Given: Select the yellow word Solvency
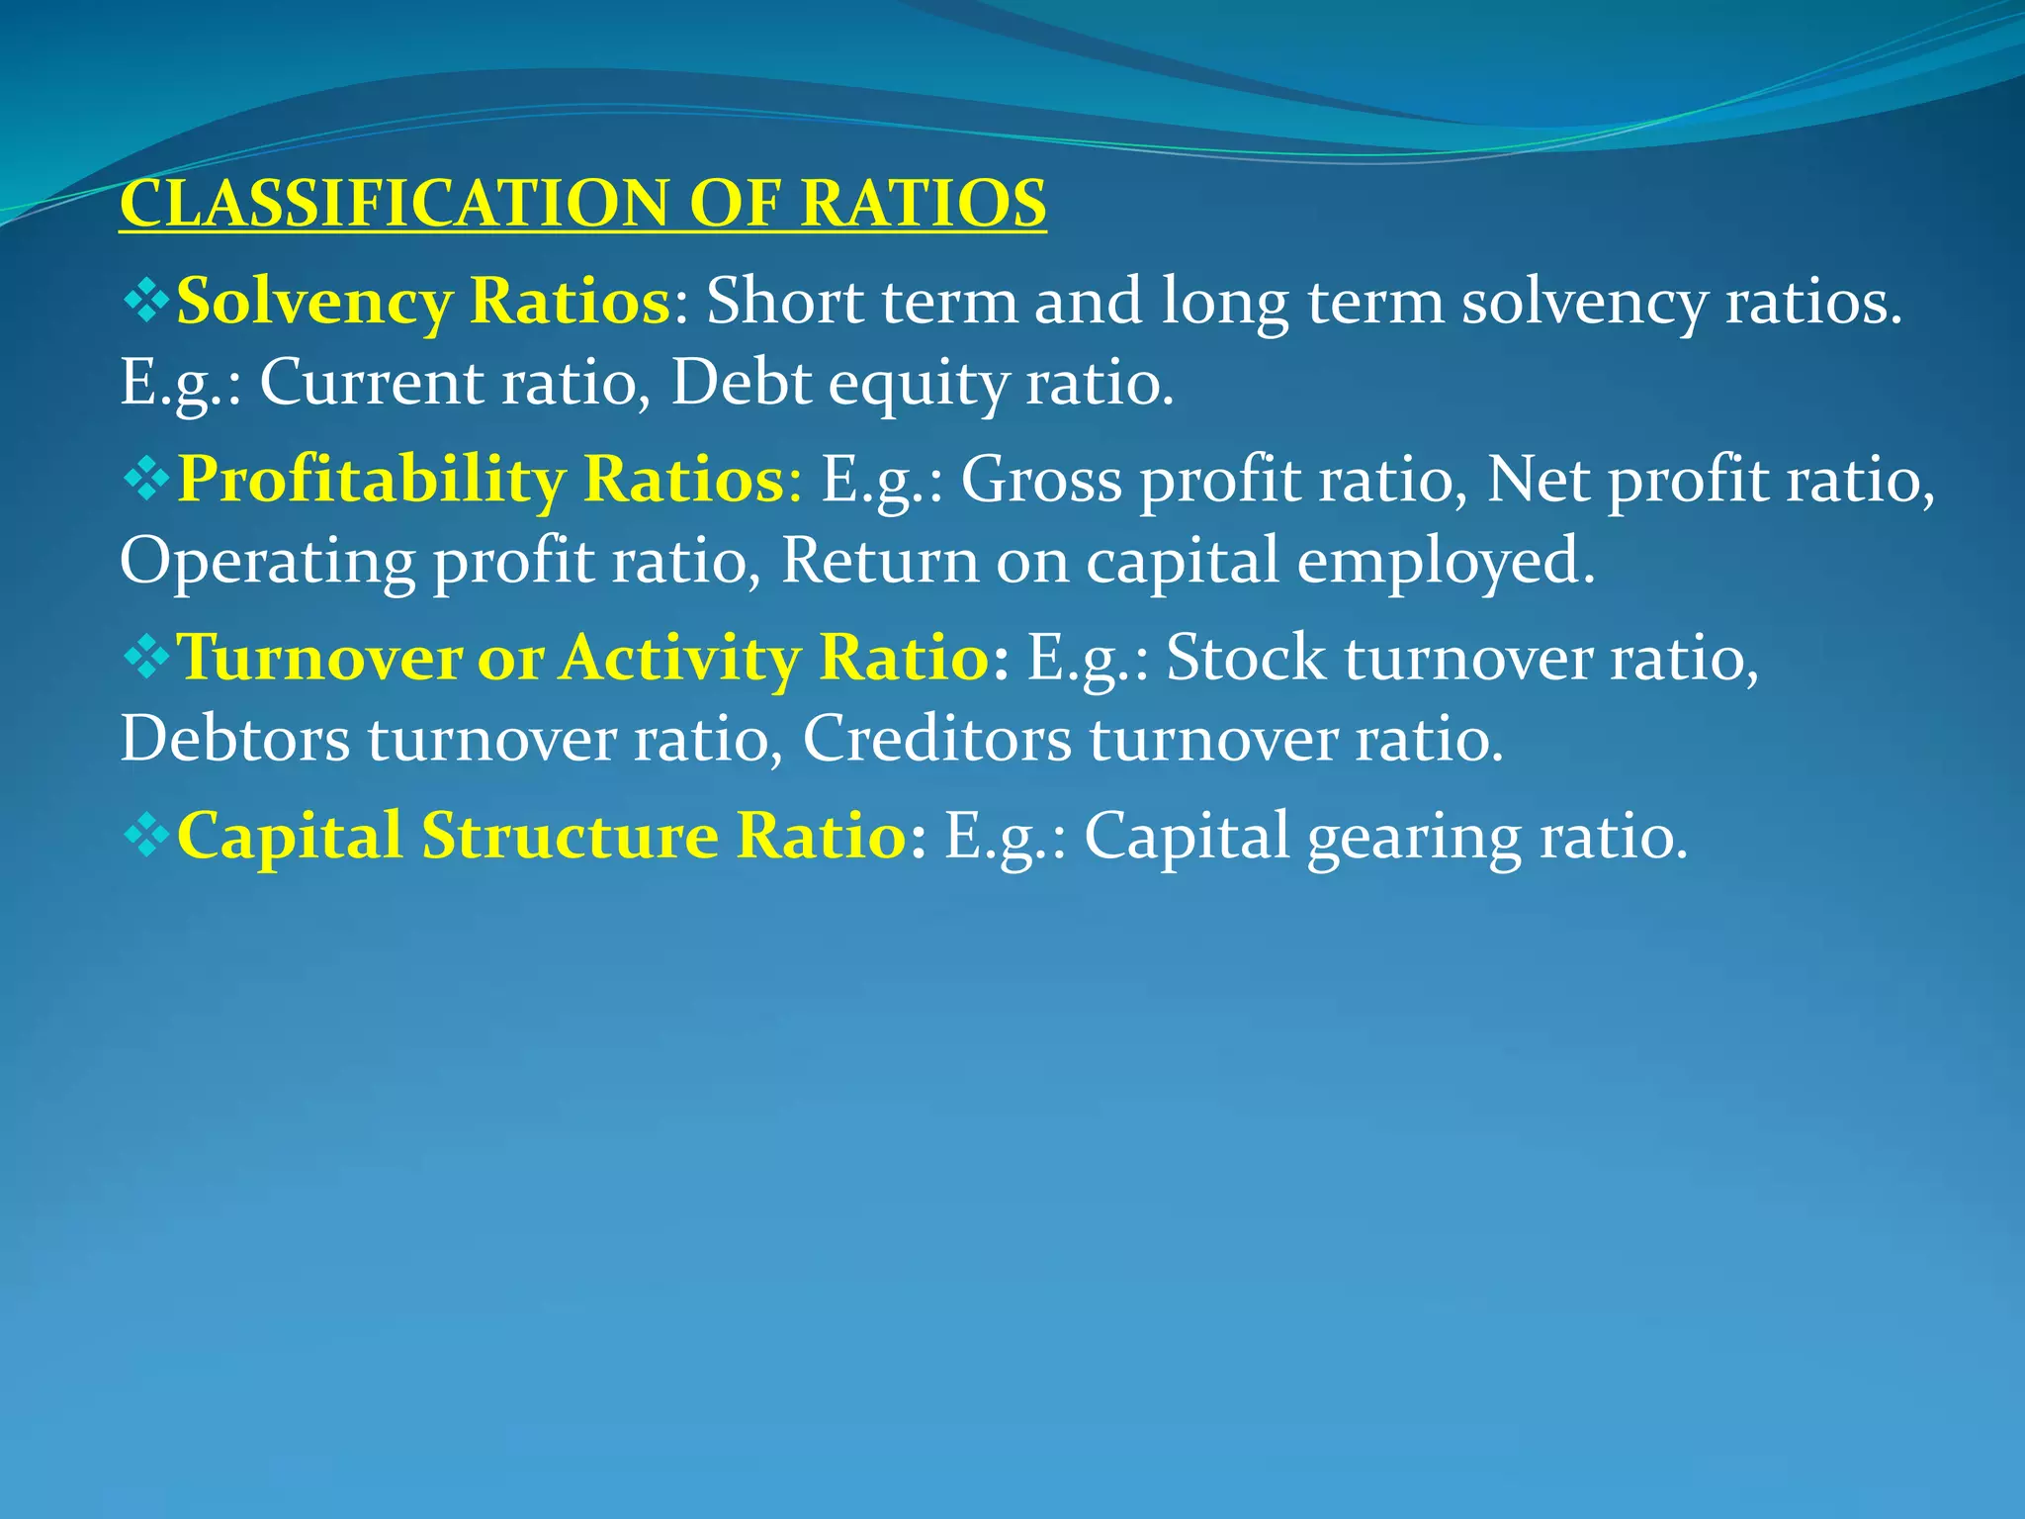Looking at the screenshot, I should tap(313, 302).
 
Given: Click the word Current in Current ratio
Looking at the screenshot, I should tap(371, 382).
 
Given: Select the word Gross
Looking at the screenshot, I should tap(1041, 480).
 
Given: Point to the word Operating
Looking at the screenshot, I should tap(267, 561).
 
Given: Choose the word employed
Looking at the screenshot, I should tap(1445, 561).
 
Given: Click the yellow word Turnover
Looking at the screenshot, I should tap(318, 658).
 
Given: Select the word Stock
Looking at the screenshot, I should tap(1245, 658).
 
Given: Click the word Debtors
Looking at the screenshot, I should tap(234, 739).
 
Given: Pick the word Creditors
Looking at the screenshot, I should tap(936, 739).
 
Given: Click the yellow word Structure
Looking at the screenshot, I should tap(570, 836).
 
